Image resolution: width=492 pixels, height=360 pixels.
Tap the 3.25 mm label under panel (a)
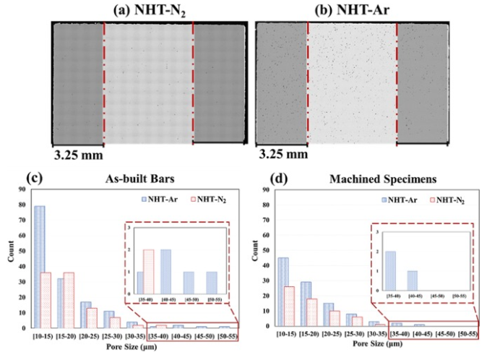[x=78, y=153]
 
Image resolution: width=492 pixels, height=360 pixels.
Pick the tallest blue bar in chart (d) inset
[x=390, y=273]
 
